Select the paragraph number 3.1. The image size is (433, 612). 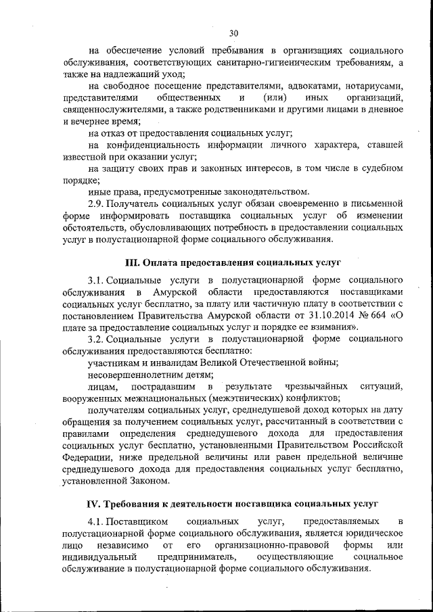click(x=95, y=279)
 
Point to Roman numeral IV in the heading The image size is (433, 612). click(x=93, y=504)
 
